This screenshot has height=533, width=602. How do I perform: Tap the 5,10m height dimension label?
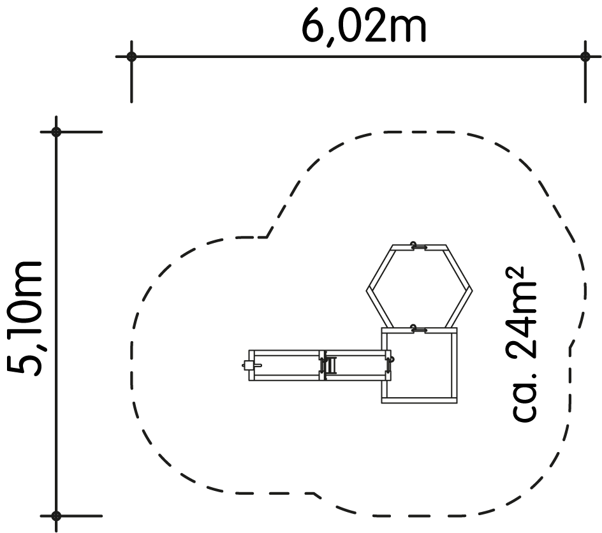click(x=25, y=318)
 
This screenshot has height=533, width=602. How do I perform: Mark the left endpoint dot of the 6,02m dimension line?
click(x=131, y=57)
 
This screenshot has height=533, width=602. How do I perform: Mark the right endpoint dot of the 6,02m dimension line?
click(x=585, y=57)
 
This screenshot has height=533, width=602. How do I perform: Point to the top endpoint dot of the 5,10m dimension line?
click(x=56, y=132)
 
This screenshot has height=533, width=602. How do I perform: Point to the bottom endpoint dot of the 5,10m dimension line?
click(x=56, y=516)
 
